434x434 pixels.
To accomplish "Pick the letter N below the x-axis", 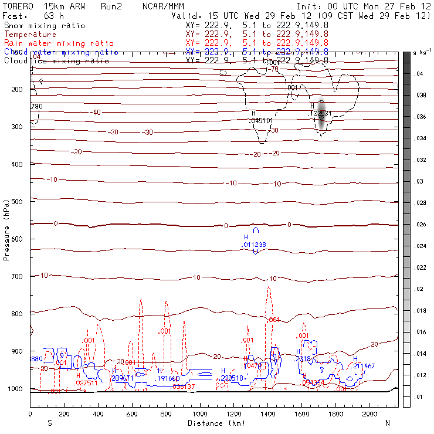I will tap(387, 423).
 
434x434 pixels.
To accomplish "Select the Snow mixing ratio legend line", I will tap(45, 26).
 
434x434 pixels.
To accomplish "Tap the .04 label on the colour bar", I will tap(420, 74).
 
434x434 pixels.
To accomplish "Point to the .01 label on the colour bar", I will tap(420, 398).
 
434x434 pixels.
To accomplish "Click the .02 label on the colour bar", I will tap(420, 290).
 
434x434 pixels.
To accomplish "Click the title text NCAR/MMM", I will tap(163, 6).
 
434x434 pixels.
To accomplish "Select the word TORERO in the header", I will tap(17, 6).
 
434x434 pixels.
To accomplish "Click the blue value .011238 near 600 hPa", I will tap(255, 245).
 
